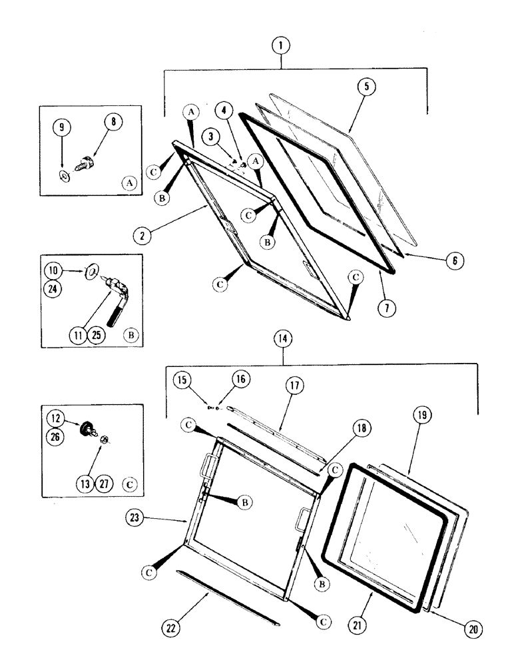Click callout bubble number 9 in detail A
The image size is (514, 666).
61,126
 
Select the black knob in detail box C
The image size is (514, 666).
87,427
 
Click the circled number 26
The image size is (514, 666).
55,436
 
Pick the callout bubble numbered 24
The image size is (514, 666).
55,290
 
